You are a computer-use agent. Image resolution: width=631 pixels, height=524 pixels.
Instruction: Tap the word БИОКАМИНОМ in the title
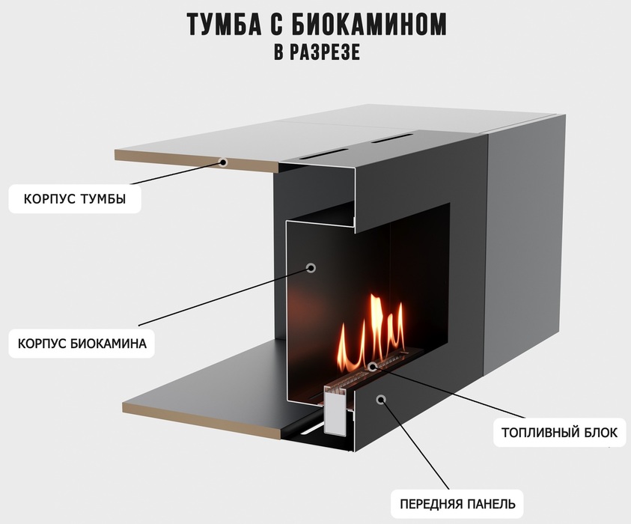pyautogui.click(x=368, y=25)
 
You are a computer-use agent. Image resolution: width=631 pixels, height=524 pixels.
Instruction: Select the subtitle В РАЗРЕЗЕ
pyautogui.click(x=317, y=52)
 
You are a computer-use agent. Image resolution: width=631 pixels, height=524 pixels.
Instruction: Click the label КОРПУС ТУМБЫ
pyautogui.click(x=75, y=199)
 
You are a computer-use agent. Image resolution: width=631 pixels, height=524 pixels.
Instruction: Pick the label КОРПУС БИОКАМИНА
pyautogui.click(x=82, y=344)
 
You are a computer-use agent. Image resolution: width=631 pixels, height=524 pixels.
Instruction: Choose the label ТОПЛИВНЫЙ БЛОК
pyautogui.click(x=559, y=433)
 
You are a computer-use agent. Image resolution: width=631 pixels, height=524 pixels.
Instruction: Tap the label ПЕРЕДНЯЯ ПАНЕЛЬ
pyautogui.click(x=457, y=504)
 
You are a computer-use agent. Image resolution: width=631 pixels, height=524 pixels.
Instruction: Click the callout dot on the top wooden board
pyautogui.click(x=222, y=162)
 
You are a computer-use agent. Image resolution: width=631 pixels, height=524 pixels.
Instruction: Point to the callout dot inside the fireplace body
pyautogui.click(x=311, y=268)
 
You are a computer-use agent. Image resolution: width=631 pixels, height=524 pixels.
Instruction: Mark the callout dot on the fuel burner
pyautogui.click(x=373, y=366)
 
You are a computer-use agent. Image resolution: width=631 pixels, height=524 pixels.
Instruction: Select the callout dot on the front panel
pyautogui.click(x=381, y=399)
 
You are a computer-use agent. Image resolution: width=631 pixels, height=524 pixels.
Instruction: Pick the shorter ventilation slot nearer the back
pyautogui.click(x=392, y=138)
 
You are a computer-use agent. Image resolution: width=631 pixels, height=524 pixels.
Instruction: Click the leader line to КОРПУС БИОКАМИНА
pyautogui.click(x=225, y=296)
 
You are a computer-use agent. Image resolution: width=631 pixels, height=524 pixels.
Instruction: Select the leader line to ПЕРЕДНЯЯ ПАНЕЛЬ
pyautogui.click(x=415, y=445)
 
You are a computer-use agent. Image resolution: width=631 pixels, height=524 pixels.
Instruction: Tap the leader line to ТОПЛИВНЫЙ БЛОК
pyautogui.click(x=449, y=392)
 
